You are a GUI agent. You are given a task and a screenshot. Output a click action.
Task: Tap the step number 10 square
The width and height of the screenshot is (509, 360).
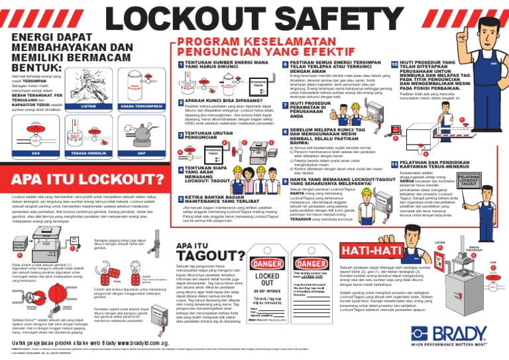[394, 65]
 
